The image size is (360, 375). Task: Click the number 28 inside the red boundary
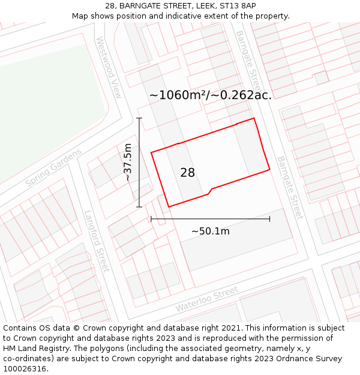point(187,173)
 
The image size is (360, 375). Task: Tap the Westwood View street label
point(109,67)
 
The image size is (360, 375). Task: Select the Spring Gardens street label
point(53,167)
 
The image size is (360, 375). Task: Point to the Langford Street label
point(97,240)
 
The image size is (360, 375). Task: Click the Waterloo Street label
point(206,299)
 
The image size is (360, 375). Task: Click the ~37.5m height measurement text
point(127,163)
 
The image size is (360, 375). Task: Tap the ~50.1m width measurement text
point(210,231)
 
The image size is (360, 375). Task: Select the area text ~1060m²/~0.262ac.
point(210,95)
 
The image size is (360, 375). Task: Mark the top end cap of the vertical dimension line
point(139,118)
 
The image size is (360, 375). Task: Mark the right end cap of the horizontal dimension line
point(269,219)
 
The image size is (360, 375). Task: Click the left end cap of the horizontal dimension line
point(151,219)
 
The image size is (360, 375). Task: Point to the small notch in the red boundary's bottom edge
point(209,191)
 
